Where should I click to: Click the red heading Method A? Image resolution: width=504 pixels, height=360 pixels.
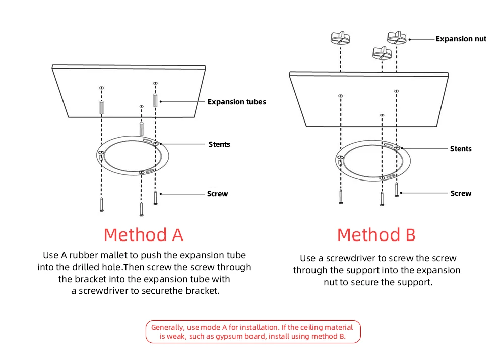pyautogui.click(x=143, y=235)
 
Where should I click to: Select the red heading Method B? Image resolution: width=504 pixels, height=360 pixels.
pyautogui.click(x=376, y=235)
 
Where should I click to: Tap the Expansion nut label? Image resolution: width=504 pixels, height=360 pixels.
pyautogui.click(x=461, y=39)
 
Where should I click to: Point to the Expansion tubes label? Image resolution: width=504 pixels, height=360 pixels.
pyautogui.click(x=236, y=102)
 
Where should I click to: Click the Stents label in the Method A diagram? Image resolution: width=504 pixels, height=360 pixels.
pyautogui.click(x=219, y=144)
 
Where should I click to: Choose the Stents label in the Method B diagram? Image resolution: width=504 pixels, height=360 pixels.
pyautogui.click(x=460, y=149)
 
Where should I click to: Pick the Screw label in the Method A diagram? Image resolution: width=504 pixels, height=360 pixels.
pyautogui.click(x=217, y=194)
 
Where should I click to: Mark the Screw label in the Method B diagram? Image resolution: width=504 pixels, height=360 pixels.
pyautogui.click(x=461, y=193)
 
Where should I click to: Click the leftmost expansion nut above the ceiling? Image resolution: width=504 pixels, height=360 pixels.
pyautogui.click(x=340, y=38)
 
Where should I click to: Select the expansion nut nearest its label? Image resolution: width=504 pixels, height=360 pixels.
pyautogui.click(x=397, y=37)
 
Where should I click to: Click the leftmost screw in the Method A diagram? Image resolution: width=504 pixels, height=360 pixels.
pyautogui.click(x=102, y=205)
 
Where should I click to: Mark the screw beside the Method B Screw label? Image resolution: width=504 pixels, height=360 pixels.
pyautogui.click(x=397, y=190)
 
